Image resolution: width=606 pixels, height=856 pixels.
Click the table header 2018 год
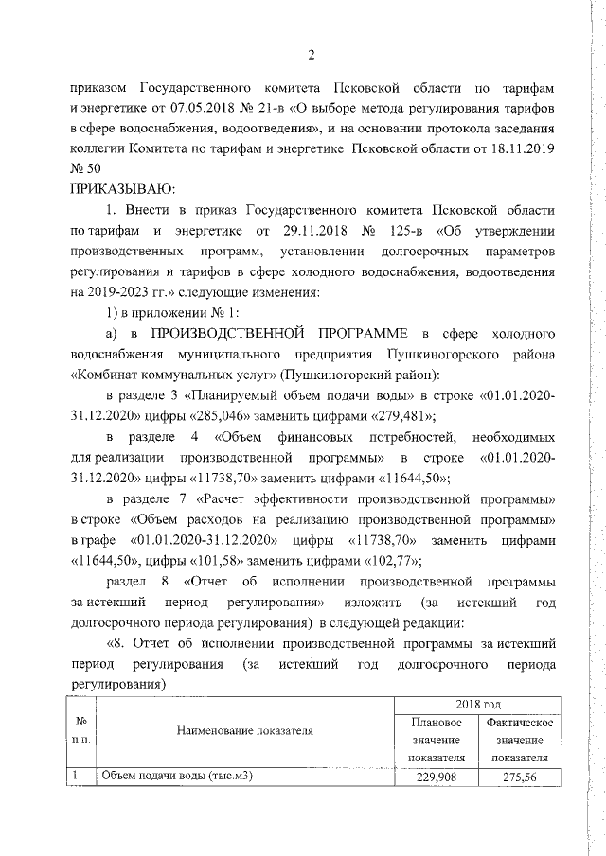point(477,705)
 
